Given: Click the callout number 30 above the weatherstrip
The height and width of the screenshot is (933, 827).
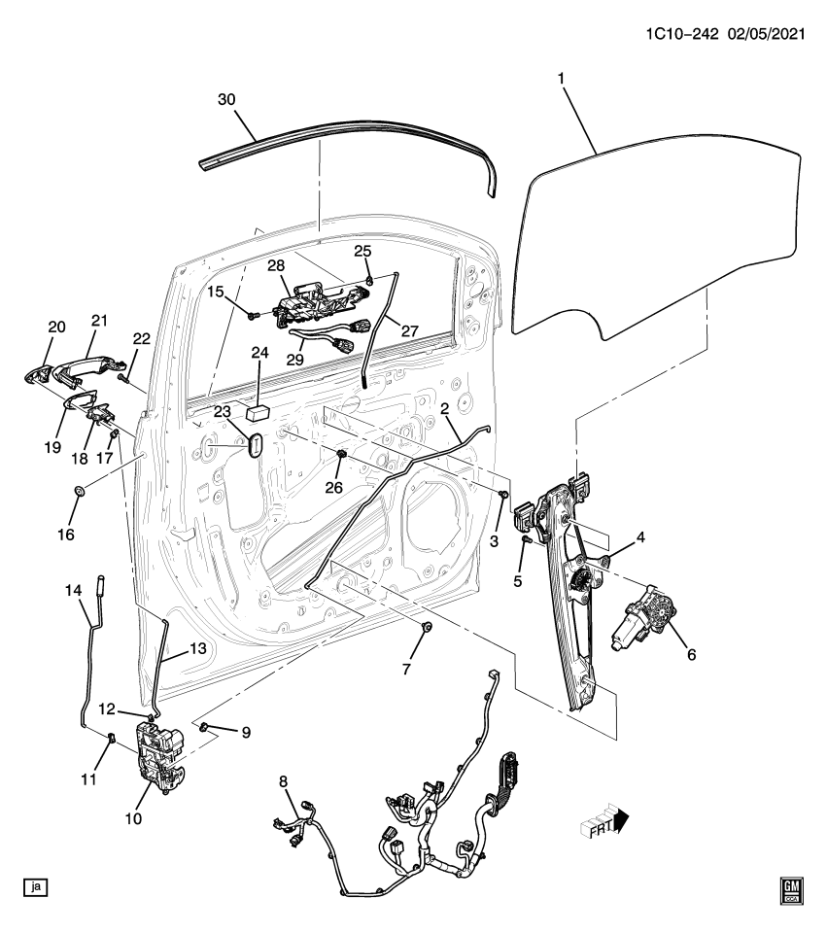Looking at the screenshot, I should coord(226,101).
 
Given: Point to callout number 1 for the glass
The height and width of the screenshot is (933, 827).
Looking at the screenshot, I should coord(561,77).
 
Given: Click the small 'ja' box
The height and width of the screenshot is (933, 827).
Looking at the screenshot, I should coord(36,886).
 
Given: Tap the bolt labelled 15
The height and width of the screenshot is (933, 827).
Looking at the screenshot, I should coord(253,314).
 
